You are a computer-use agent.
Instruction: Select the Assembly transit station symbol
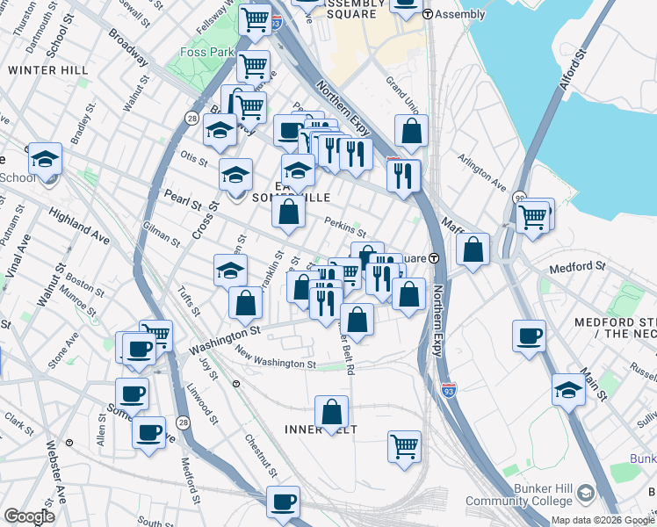pos(428,14)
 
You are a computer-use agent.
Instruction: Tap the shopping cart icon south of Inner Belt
pos(404,446)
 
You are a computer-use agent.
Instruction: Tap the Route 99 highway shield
pos(521,199)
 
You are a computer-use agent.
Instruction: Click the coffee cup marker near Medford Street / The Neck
pos(529,336)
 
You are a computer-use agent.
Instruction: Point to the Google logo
pos(29,516)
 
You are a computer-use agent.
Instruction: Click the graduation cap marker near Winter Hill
pos(45,159)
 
